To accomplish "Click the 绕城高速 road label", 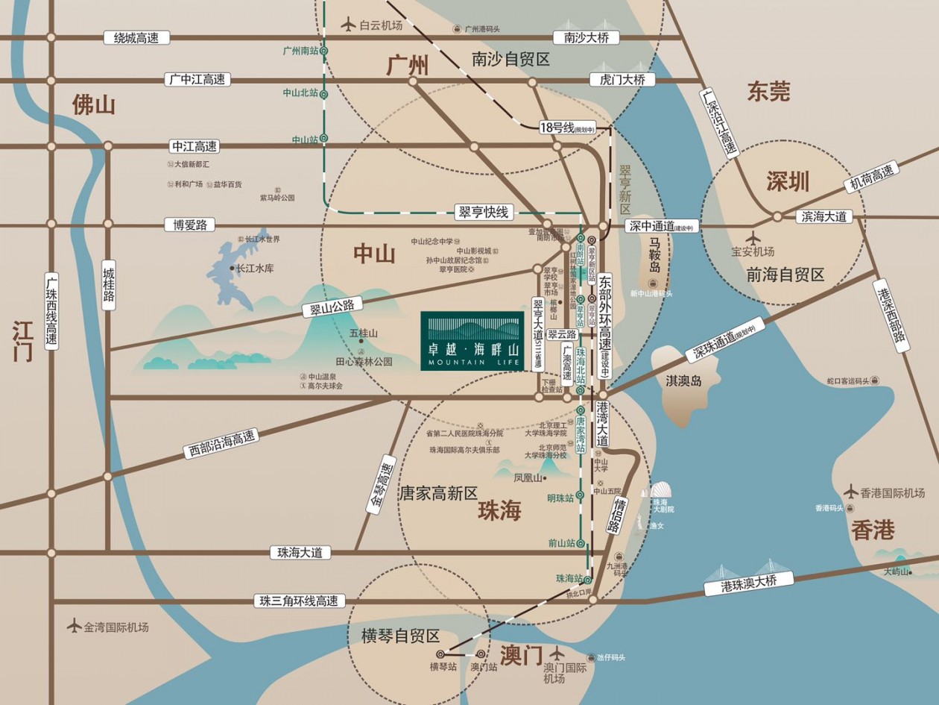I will (x=136, y=37).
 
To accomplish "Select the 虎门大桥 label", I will (x=622, y=79).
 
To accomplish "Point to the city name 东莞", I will (x=768, y=92).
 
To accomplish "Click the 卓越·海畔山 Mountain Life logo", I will (x=472, y=339).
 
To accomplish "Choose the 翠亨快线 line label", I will (x=483, y=213).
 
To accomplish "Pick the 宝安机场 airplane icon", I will (x=753, y=238).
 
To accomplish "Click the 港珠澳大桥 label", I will (x=747, y=583).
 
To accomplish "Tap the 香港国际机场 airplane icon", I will (x=851, y=492).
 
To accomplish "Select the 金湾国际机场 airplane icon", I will (x=74, y=626).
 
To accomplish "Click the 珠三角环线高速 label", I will (x=299, y=601).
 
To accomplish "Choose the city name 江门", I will (x=22, y=342).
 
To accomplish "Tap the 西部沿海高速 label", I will (x=221, y=445).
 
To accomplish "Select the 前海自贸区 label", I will (x=785, y=275).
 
